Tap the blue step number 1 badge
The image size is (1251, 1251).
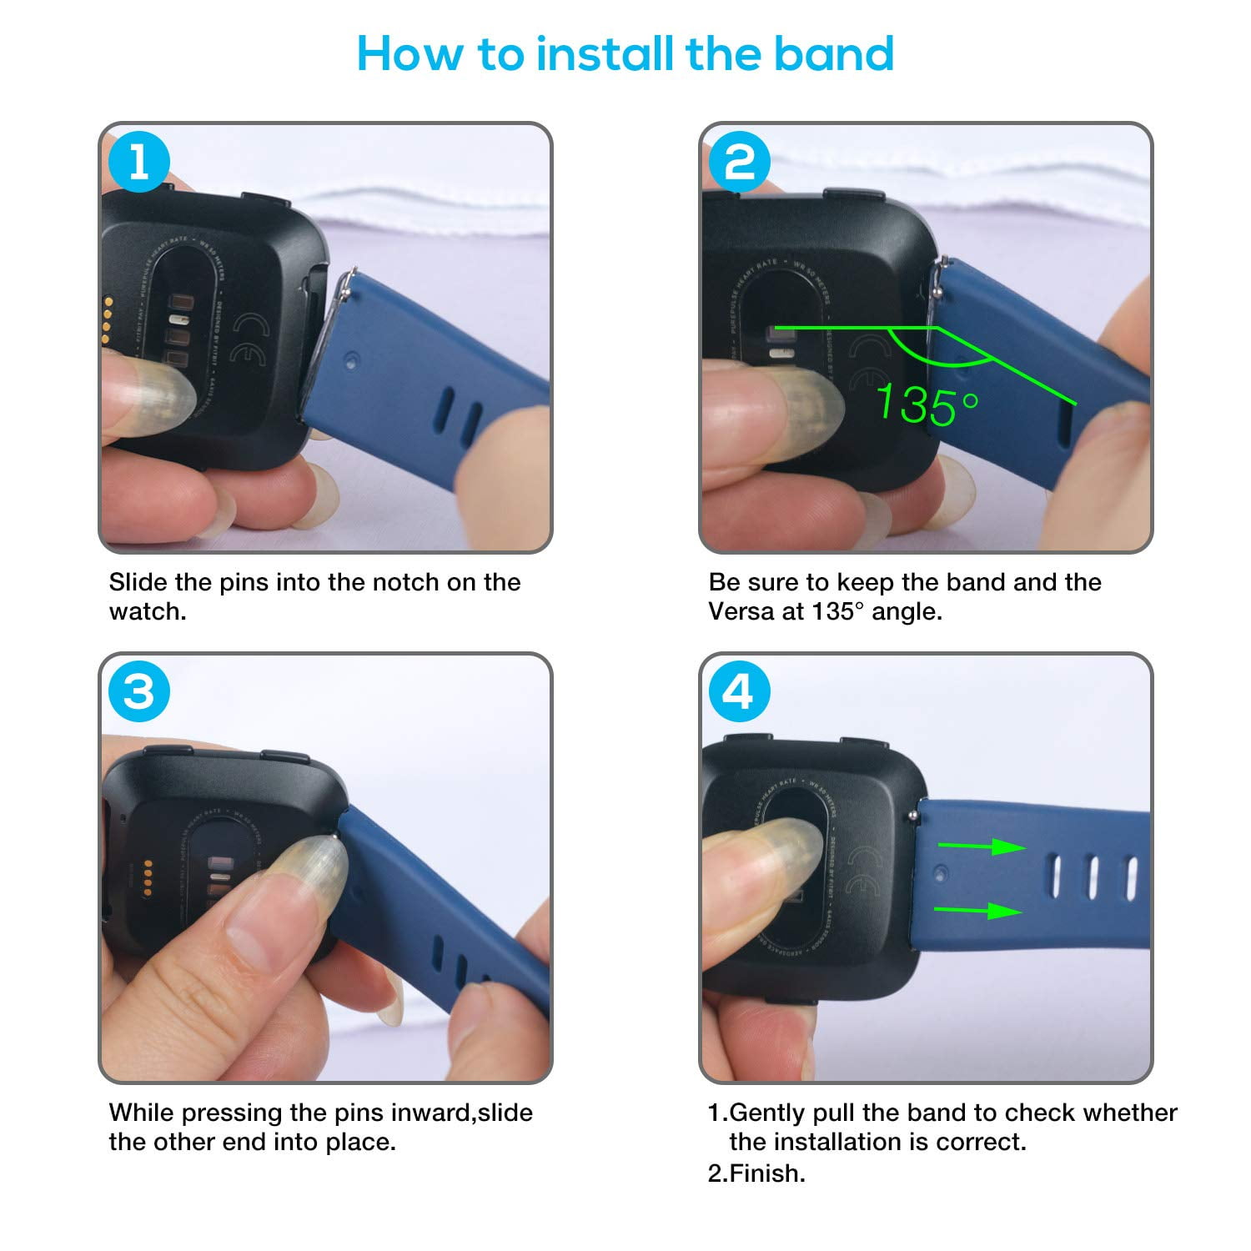138,162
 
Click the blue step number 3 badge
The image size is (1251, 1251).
138,692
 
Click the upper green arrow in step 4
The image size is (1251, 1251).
982,847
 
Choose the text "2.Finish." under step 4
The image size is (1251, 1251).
756,1173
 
